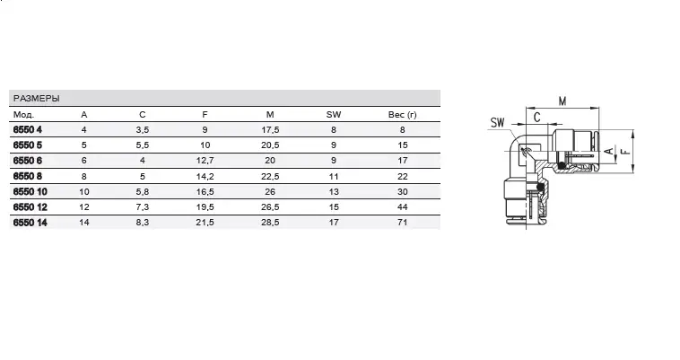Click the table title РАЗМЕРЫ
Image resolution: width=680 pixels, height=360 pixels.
click(37, 99)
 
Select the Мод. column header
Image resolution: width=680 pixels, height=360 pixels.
click(23, 115)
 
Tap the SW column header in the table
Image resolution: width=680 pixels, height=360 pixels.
click(334, 115)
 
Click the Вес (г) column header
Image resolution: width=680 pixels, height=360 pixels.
click(403, 115)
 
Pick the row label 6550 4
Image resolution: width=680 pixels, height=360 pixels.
click(28, 129)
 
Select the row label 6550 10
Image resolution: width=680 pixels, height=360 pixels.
click(30, 192)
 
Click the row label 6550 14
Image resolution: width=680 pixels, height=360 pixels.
click(30, 223)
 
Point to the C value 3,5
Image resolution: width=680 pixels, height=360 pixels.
click(143, 129)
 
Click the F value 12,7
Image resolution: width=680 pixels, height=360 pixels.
click(205, 161)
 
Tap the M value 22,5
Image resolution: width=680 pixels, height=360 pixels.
click(270, 177)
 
